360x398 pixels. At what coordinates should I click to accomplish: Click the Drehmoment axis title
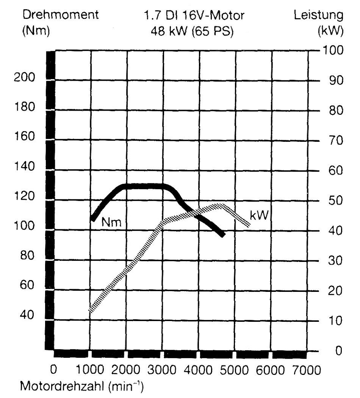coord(60,15)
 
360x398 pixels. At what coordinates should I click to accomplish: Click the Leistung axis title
coord(319,15)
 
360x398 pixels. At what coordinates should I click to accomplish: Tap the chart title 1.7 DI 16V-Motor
coord(194,16)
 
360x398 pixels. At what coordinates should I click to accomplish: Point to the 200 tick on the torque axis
coord(24,77)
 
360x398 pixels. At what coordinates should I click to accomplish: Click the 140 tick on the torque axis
coord(24,166)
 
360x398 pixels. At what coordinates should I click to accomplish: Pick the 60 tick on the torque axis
coord(27,285)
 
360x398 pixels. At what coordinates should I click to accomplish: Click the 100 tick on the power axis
coord(333,50)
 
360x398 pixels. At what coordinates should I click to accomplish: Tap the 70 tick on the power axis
coord(336,140)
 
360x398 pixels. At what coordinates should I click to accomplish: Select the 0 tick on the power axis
coord(339,351)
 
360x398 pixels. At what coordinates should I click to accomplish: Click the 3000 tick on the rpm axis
coord(162,370)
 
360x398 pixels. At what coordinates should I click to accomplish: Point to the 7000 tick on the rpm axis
coord(307,370)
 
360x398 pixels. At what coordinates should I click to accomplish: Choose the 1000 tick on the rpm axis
coord(90,370)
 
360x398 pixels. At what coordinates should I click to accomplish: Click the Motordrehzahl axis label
coord(82,386)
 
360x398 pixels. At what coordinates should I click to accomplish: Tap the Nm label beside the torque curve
coord(111,223)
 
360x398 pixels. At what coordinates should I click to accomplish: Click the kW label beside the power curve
coord(259,216)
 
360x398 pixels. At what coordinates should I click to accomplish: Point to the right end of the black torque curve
coord(223,234)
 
